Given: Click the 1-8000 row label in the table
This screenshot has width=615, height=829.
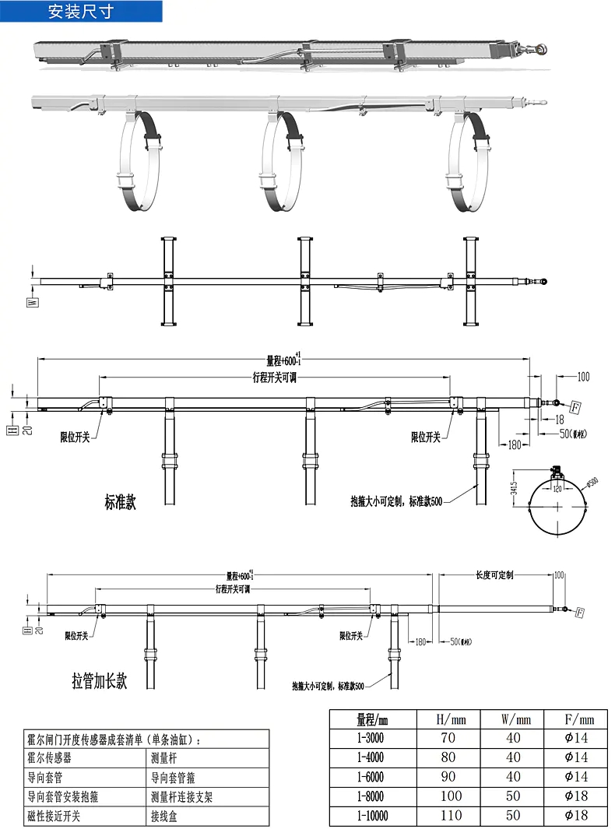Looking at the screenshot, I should click(x=371, y=796).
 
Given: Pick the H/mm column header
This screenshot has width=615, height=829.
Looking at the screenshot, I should click(x=451, y=718).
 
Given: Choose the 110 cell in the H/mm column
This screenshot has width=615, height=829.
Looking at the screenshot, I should click(x=451, y=815).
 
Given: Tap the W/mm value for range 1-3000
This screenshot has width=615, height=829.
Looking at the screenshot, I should click(x=513, y=737).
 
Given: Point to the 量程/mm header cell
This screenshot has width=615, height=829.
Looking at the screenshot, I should click(x=372, y=718).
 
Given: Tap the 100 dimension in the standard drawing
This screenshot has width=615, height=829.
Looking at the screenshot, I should click(x=583, y=377).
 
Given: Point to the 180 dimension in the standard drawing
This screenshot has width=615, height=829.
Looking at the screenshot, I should click(x=514, y=444).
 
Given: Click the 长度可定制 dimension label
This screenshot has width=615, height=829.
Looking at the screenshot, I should click(x=495, y=575).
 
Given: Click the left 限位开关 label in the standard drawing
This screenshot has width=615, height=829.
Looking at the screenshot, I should click(x=75, y=437).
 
